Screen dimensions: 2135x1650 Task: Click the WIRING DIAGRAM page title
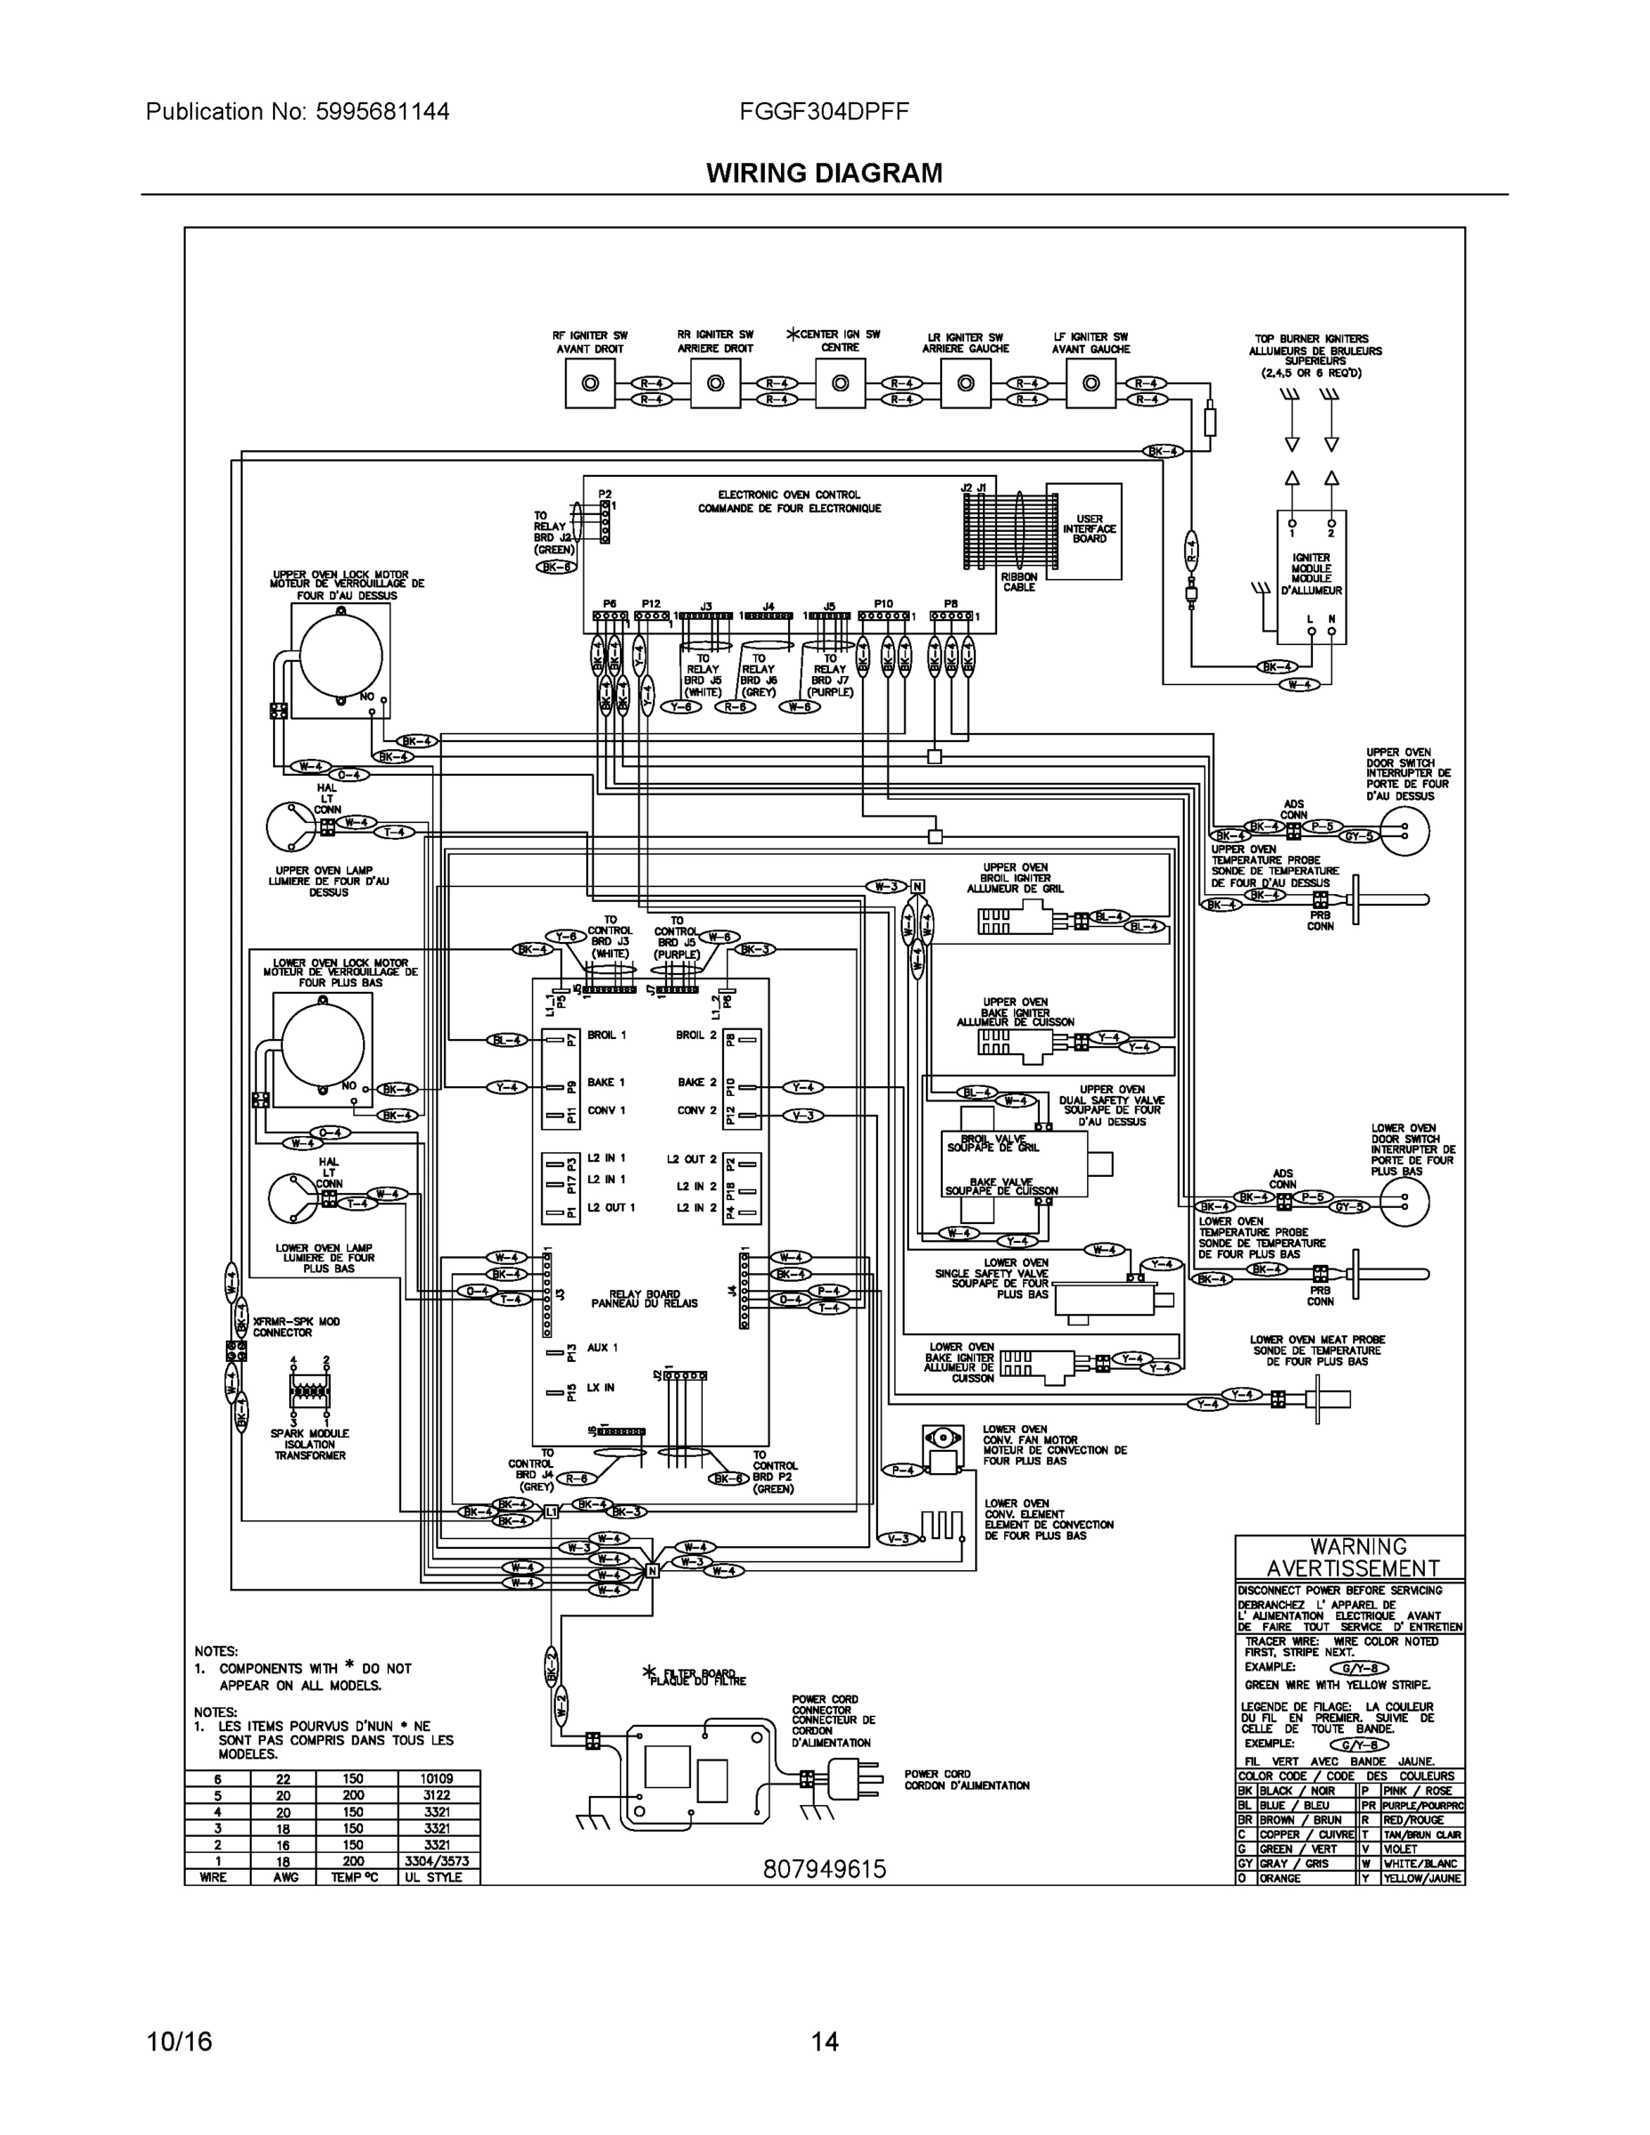[824, 173]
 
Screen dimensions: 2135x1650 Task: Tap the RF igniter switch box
[591, 383]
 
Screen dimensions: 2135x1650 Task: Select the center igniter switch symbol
[840, 383]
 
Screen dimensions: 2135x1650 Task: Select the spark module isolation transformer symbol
[310, 1390]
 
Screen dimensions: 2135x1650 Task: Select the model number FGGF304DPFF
[824, 111]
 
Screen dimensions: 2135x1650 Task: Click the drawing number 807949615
[824, 1869]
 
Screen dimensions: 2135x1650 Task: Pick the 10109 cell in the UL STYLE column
[438, 1779]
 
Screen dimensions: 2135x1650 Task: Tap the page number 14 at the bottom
[824, 2042]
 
